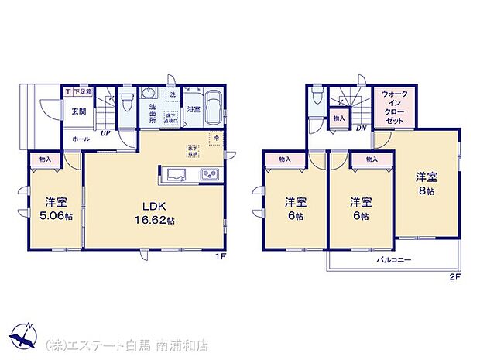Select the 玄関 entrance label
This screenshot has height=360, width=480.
[x=80, y=111]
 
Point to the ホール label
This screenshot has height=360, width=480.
[x=80, y=138]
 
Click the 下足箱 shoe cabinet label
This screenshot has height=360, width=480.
[x=83, y=91]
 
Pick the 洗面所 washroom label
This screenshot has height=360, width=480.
[x=153, y=113]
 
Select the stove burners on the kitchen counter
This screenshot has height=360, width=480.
[x=209, y=174]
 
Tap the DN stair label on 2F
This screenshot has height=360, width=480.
[x=360, y=128]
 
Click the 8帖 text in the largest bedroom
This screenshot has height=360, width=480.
[x=427, y=191]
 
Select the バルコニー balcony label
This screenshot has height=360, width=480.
[x=395, y=261]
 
